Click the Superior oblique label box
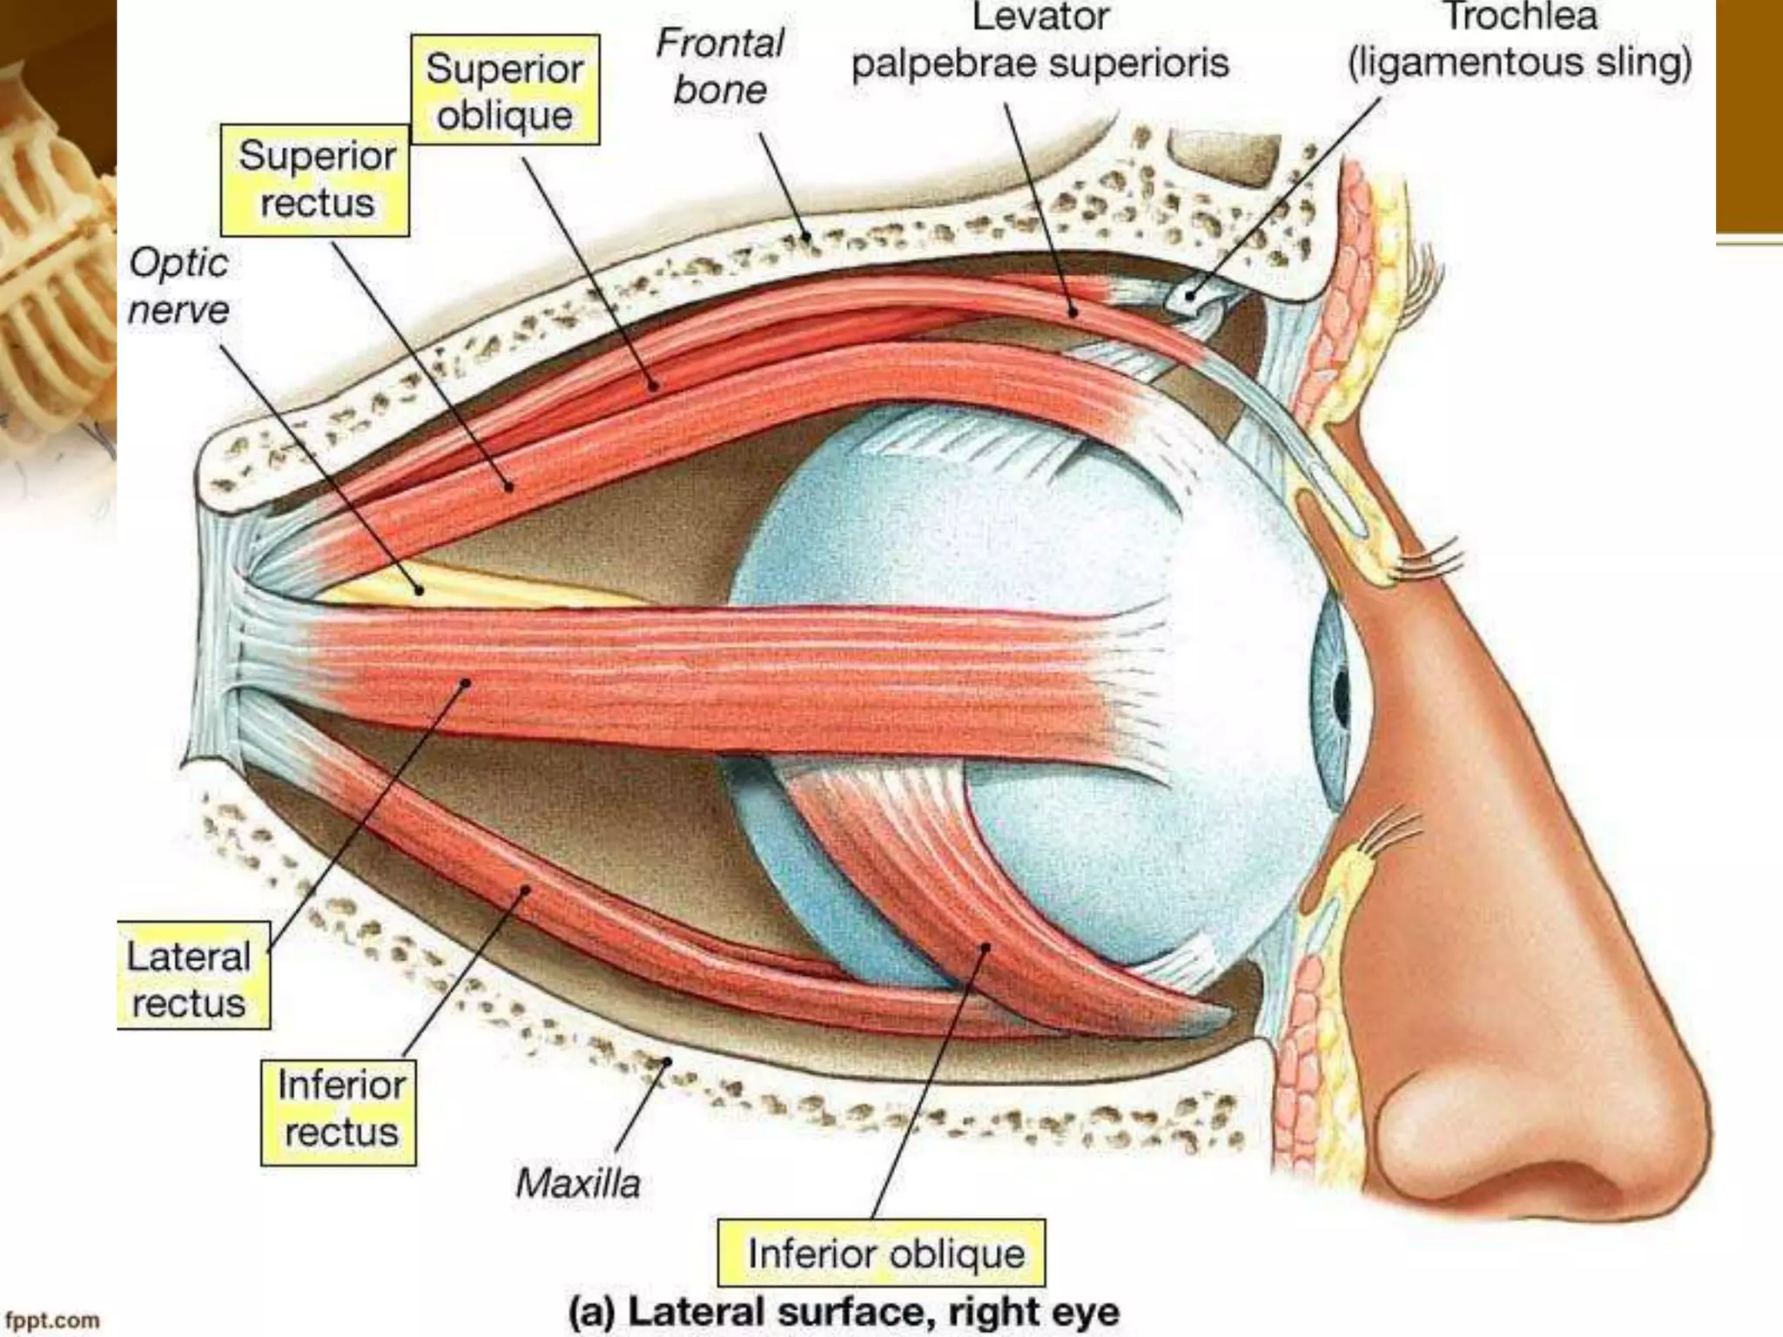point(505,91)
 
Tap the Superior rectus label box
point(315,180)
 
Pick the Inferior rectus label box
point(340,1109)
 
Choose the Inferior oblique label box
point(881,1253)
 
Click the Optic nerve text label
point(178,286)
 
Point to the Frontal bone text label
point(720,66)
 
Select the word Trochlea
point(1520,17)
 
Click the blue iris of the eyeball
point(1332,696)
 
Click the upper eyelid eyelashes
point(1428,557)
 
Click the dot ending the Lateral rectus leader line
point(466,684)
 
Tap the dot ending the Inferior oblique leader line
point(986,948)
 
